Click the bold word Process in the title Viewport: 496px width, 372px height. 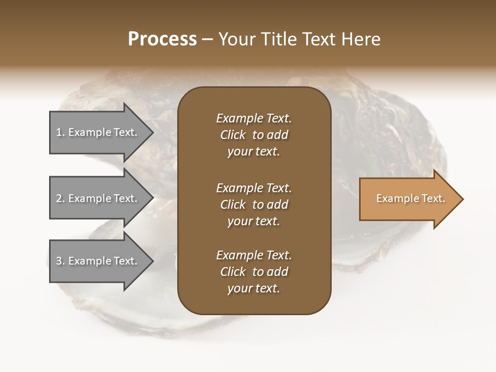[162, 39]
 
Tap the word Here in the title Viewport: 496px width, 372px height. [360, 39]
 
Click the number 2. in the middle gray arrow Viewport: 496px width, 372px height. [60, 198]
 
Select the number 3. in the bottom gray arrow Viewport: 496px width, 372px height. [60, 261]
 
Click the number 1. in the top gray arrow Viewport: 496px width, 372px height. [60, 132]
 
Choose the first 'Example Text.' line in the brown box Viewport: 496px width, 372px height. [254, 118]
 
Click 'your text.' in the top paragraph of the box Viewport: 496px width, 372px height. [254, 151]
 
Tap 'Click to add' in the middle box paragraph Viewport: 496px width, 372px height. [254, 205]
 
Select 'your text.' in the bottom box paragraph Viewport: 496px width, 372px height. [254, 288]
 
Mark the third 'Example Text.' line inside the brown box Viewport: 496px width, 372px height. [254, 255]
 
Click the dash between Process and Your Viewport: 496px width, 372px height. [208, 39]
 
